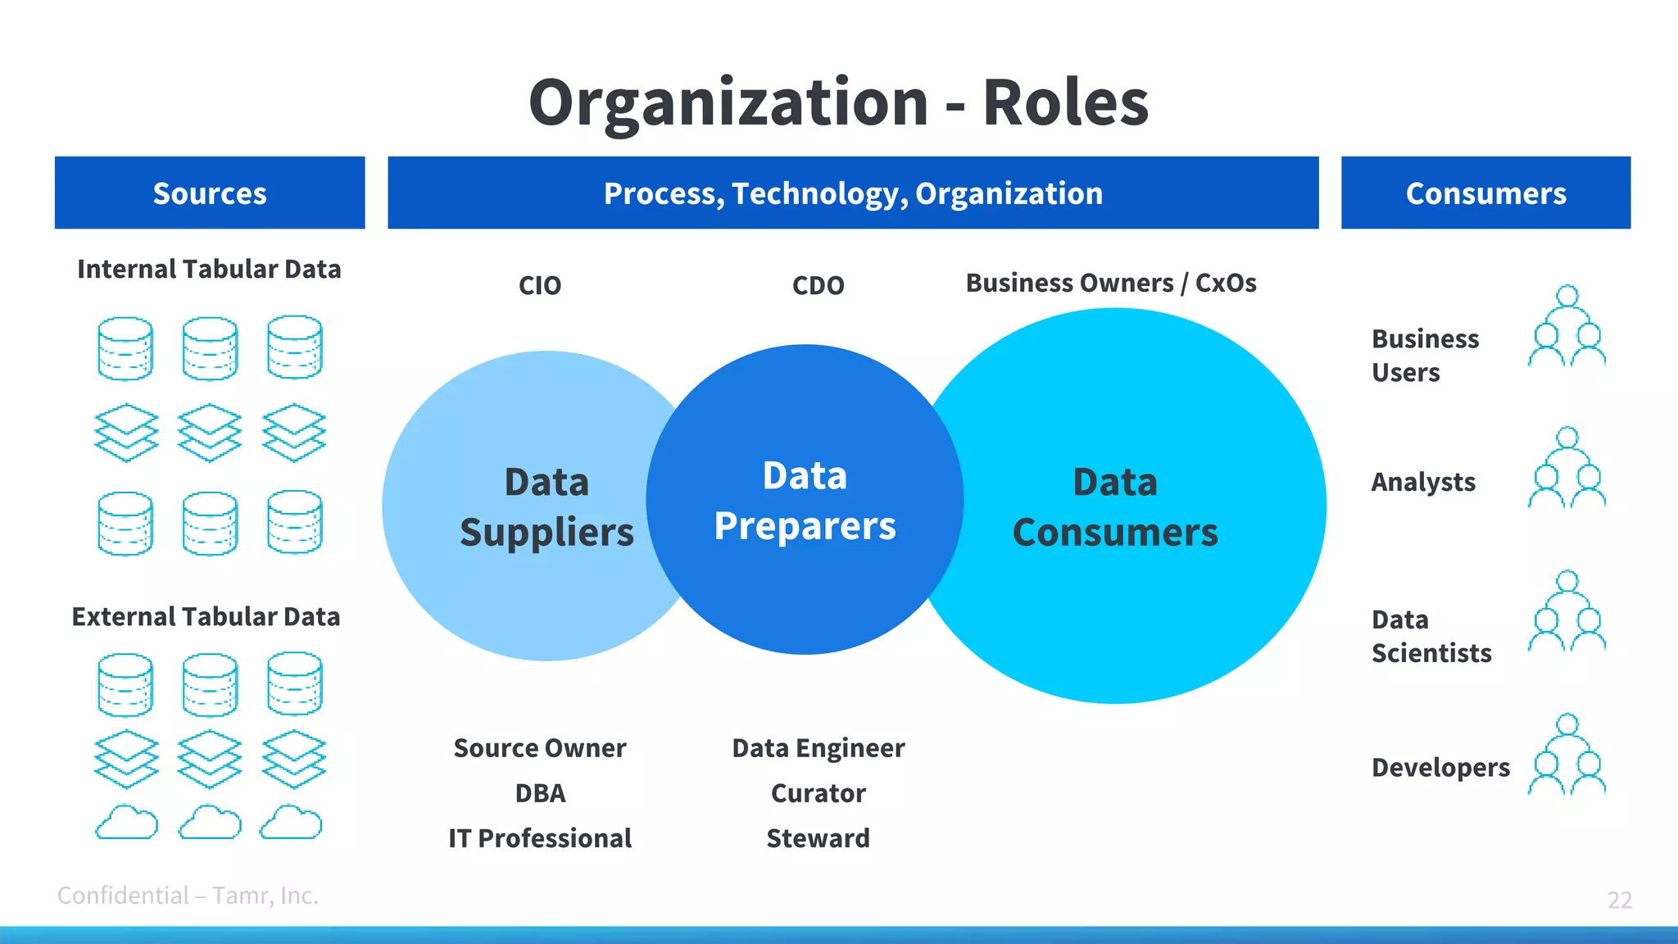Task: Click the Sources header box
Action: click(210, 193)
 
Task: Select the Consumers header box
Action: click(1485, 193)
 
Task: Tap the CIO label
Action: click(540, 285)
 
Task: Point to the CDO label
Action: click(818, 285)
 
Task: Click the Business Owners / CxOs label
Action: click(1110, 283)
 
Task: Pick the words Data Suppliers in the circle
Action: click(546, 506)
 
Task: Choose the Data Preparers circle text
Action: click(805, 500)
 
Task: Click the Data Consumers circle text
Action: click(1115, 506)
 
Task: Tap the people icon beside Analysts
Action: click(1567, 468)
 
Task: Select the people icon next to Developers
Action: click(1567, 755)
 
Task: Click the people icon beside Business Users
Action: click(1567, 326)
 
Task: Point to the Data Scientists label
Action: click(1431, 636)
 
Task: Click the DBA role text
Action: click(540, 793)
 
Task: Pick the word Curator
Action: click(818, 793)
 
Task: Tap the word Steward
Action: click(818, 838)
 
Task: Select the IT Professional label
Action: click(540, 838)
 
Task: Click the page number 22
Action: click(1619, 900)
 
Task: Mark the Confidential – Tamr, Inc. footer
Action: click(188, 896)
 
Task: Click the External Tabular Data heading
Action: click(206, 616)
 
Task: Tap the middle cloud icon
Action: click(210, 822)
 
